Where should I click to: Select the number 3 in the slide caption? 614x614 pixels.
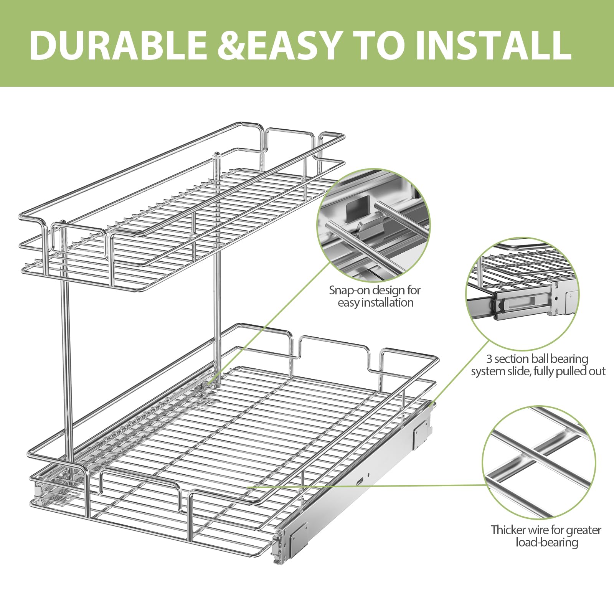pyautogui.click(x=489, y=359)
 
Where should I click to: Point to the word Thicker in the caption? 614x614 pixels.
pyautogui.click(x=508, y=530)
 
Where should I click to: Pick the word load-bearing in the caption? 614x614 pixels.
pyautogui.click(x=546, y=543)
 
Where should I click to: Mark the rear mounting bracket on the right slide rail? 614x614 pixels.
pyautogui.click(x=421, y=433)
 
